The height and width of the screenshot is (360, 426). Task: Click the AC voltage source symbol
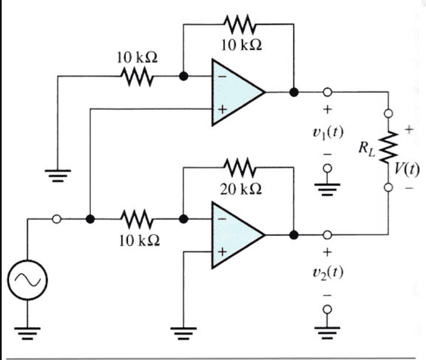(x=28, y=280)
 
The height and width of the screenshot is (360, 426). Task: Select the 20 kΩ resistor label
(x=241, y=189)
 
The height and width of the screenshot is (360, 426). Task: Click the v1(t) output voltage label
(x=328, y=133)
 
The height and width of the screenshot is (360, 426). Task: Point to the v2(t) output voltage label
(x=328, y=272)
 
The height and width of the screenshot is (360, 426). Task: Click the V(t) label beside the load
(x=407, y=169)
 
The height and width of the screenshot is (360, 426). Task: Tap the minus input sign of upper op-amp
(x=222, y=77)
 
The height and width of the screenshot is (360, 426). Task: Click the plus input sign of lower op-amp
(x=222, y=252)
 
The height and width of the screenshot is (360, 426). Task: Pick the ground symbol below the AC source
(x=28, y=333)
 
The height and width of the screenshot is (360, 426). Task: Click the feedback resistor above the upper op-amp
(x=240, y=25)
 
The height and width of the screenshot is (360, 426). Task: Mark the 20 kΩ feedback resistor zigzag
(x=240, y=167)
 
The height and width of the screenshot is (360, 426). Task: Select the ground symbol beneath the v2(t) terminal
(x=328, y=332)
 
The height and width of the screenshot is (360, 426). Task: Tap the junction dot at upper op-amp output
(x=293, y=92)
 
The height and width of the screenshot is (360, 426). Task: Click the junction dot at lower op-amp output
(x=293, y=235)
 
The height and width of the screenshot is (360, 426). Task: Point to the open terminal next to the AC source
(x=56, y=219)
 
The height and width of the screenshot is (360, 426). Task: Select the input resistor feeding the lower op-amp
(x=137, y=219)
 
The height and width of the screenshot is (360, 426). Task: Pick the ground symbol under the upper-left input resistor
(x=58, y=176)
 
